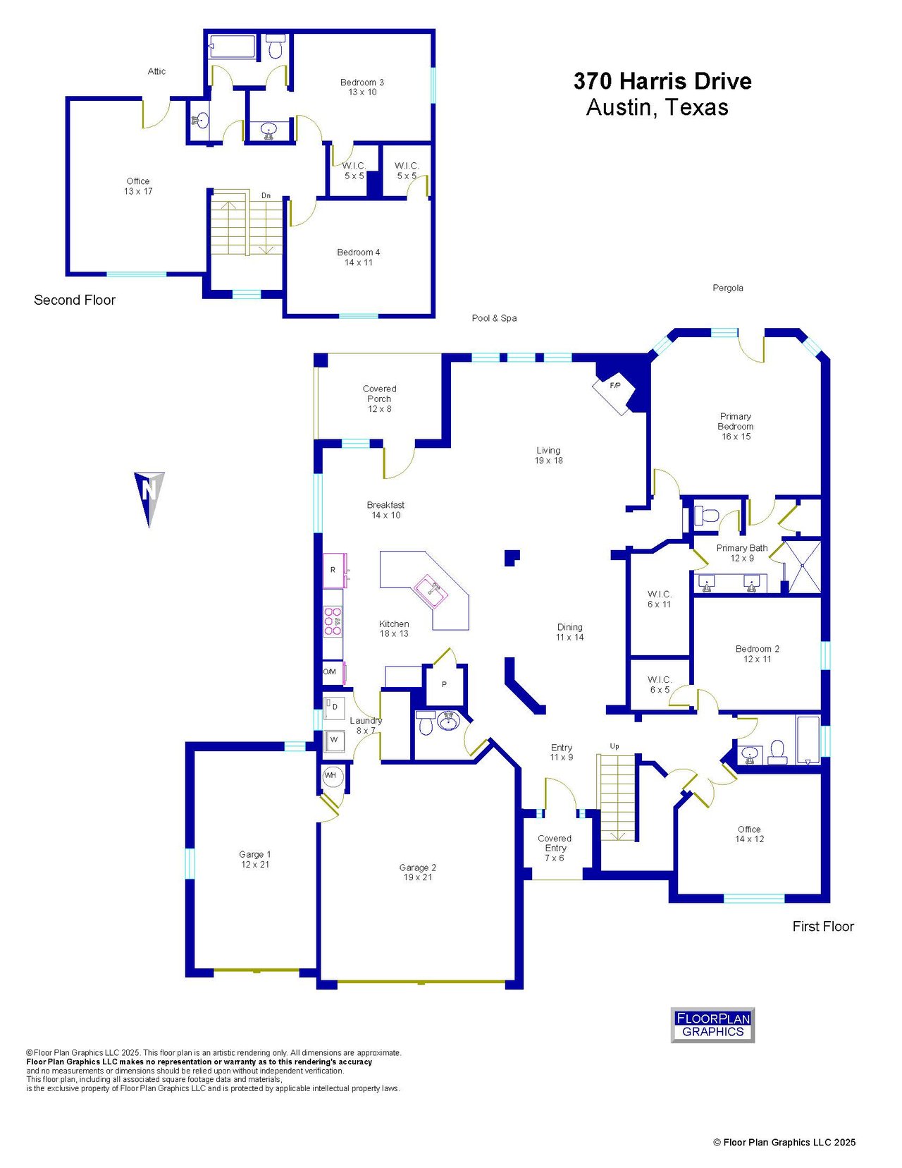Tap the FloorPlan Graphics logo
pyautogui.click(x=712, y=1025)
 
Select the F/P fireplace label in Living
pyautogui.click(x=614, y=385)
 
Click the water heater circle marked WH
pyautogui.click(x=330, y=775)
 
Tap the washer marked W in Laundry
pyautogui.click(x=334, y=740)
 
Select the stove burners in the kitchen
pyautogui.click(x=333, y=621)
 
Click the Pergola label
pyautogui.click(x=727, y=288)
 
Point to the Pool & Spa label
pyautogui.click(x=494, y=318)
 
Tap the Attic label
pyautogui.click(x=156, y=71)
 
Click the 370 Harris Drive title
pyautogui.click(x=662, y=81)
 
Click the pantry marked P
pyautogui.click(x=445, y=684)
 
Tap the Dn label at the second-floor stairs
pyautogui.click(x=266, y=195)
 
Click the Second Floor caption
pyautogui.click(x=75, y=300)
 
